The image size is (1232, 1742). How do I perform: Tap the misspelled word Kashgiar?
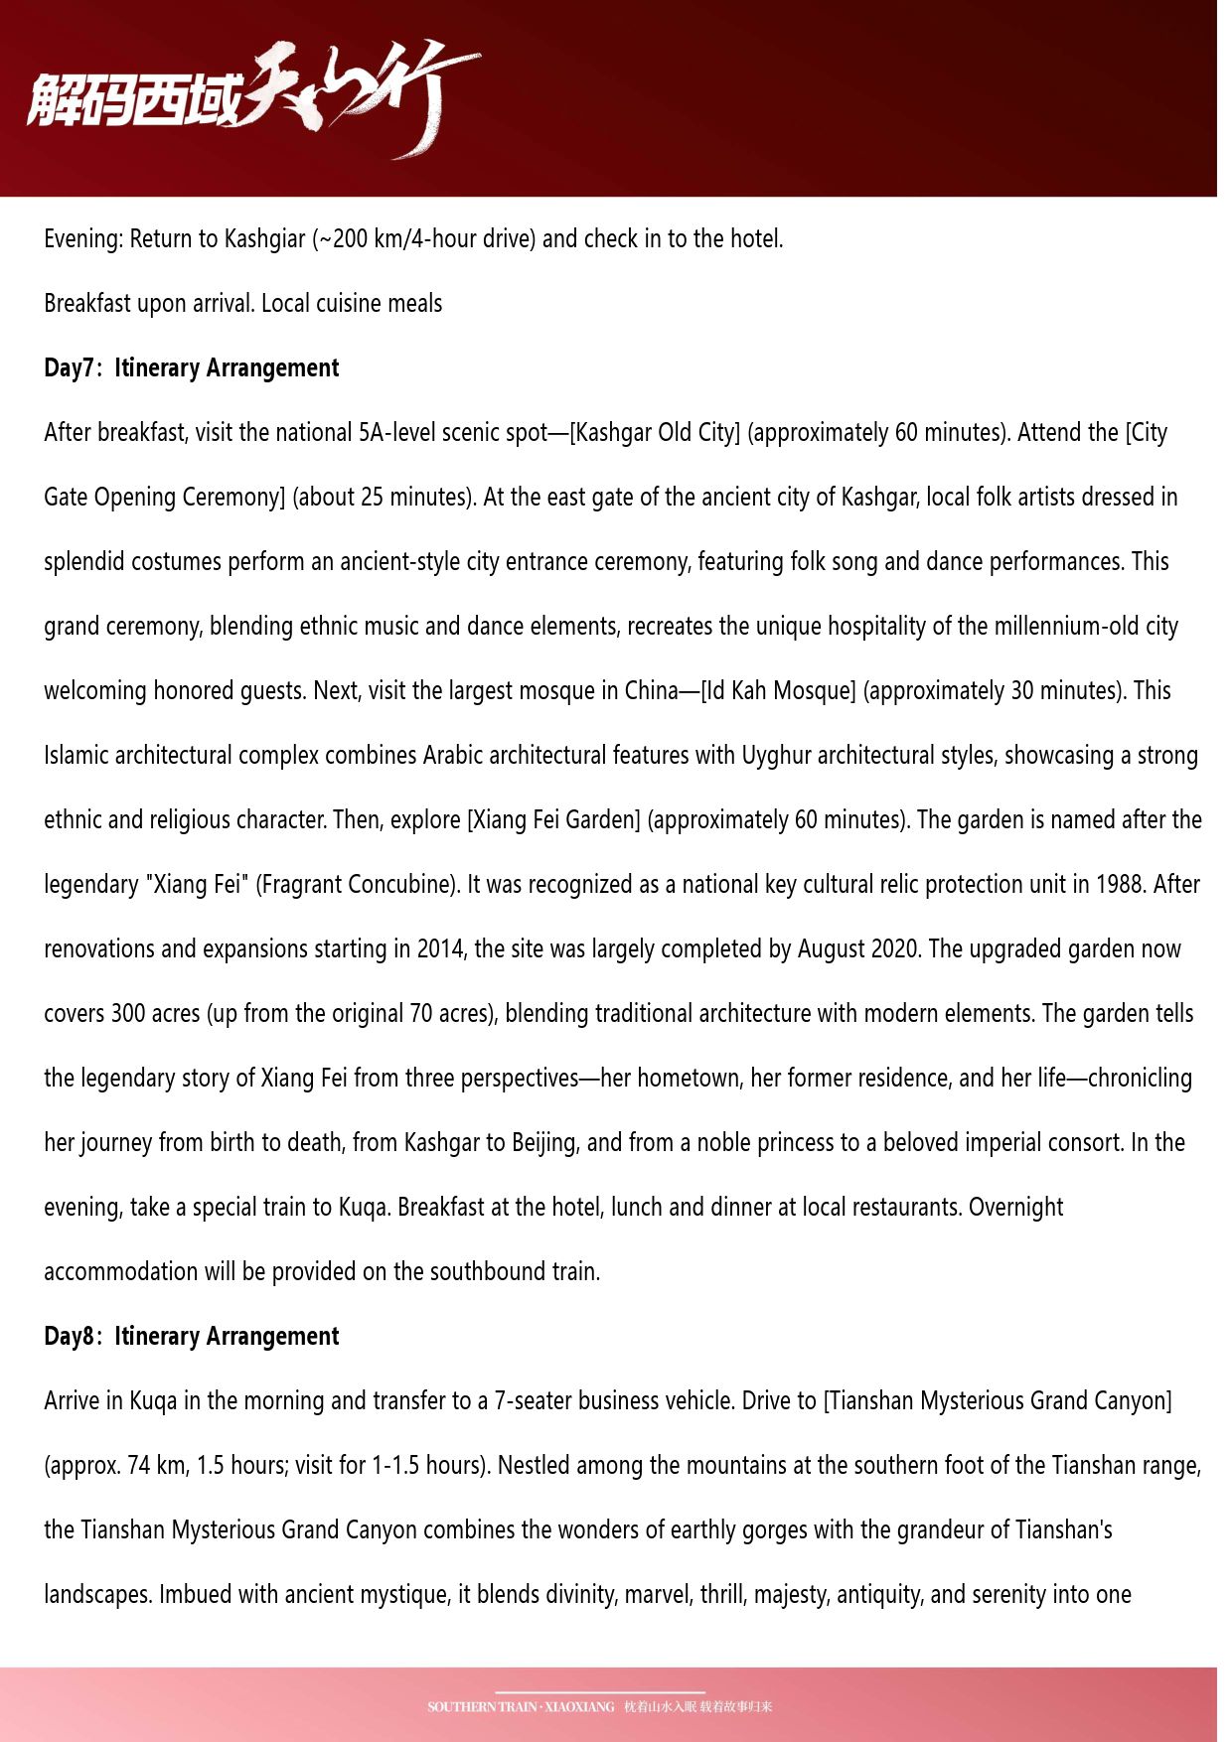coord(264,239)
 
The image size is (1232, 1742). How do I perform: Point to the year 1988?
coord(1122,885)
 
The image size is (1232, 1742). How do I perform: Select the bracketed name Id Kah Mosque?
coord(778,691)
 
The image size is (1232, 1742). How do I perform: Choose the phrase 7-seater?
coord(533,1401)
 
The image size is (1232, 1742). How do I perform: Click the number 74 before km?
coord(138,1466)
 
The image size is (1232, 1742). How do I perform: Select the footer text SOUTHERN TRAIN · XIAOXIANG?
coord(521,1707)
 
